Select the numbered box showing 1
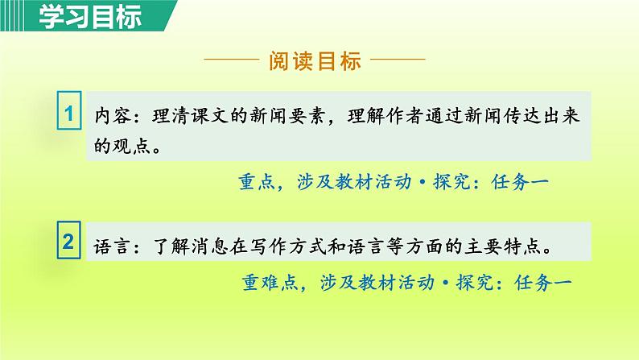click(69, 115)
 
